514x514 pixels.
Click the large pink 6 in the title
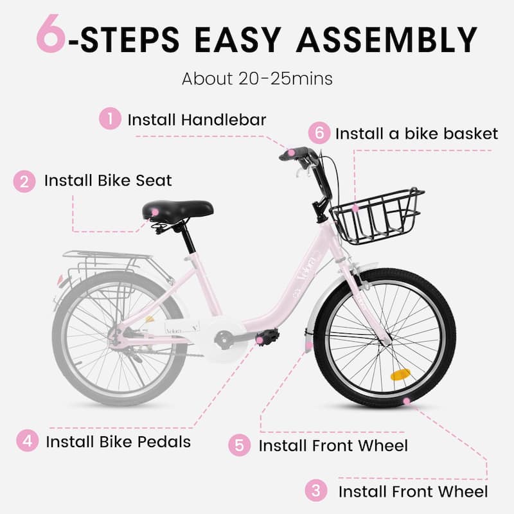[51, 33]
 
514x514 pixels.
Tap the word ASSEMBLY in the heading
[387, 40]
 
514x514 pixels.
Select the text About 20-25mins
[258, 78]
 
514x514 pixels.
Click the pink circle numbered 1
[110, 118]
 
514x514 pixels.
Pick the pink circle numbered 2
[24, 181]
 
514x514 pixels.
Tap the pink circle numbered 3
[316, 490]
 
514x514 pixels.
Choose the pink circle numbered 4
[28, 441]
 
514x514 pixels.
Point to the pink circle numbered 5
[240, 445]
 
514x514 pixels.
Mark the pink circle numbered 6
[319, 133]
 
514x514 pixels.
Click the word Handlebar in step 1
[224, 120]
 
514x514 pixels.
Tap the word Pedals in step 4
[164, 441]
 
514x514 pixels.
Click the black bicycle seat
[178, 210]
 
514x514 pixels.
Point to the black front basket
[377, 216]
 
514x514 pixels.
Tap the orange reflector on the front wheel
[400, 375]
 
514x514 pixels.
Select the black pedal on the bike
[267, 336]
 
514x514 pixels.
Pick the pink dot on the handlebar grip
[291, 152]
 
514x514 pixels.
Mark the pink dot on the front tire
[407, 401]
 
